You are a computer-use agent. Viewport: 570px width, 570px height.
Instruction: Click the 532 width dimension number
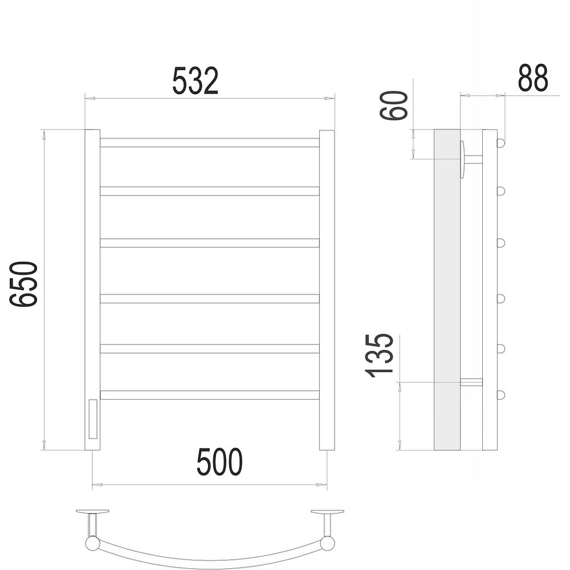click(195, 81)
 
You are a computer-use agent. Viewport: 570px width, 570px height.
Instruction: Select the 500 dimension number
click(219, 462)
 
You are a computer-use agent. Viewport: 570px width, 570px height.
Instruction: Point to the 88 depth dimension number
click(532, 78)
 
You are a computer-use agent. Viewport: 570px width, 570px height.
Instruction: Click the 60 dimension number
click(393, 105)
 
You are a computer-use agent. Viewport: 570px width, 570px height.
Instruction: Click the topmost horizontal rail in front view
click(210, 142)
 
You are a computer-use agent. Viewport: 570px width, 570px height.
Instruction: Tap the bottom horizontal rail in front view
click(210, 395)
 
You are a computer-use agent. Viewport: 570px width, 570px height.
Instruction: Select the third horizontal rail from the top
click(210, 243)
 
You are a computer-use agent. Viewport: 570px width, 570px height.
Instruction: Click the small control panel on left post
click(93, 419)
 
